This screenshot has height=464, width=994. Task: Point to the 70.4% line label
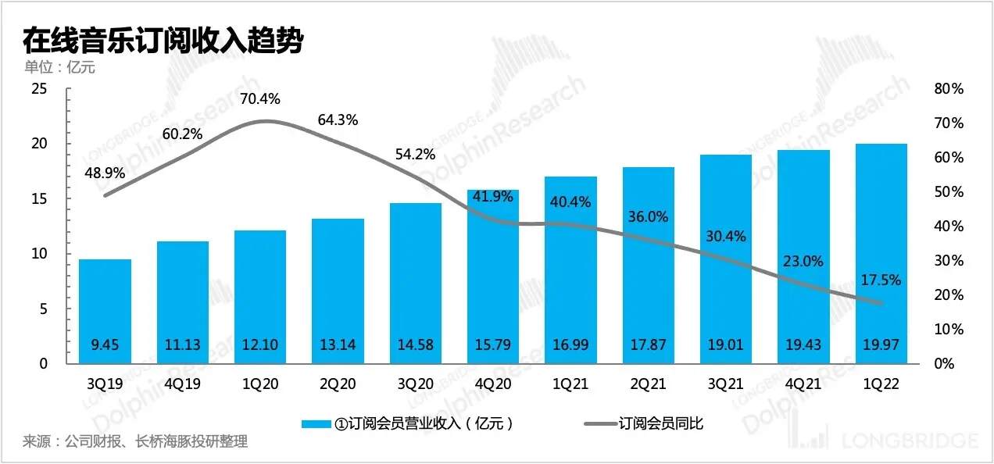pyautogui.click(x=260, y=99)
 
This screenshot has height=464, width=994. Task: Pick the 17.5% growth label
pyautogui.click(x=881, y=280)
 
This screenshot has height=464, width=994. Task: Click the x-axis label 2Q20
pyautogui.click(x=338, y=385)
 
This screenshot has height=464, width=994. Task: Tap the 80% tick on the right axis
pyautogui.click(x=949, y=89)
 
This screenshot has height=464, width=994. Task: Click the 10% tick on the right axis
pyautogui.click(x=949, y=329)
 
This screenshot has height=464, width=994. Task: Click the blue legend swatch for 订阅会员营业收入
pyautogui.click(x=316, y=424)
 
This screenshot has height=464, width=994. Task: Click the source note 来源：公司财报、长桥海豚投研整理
pyautogui.click(x=135, y=442)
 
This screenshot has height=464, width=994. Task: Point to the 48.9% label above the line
pyautogui.click(x=105, y=170)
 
